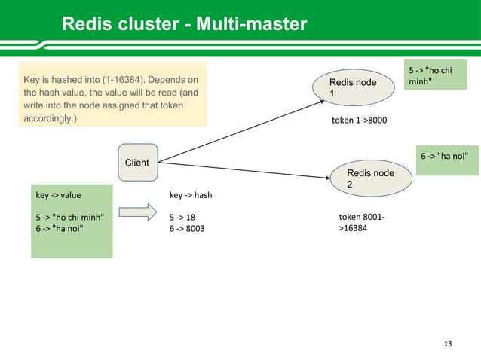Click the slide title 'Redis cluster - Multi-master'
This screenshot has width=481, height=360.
184,25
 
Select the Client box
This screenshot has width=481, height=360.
137,163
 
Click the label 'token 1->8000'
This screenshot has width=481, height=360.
359,120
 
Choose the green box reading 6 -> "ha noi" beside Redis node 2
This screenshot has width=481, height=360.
448,156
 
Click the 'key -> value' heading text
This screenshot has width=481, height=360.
59,195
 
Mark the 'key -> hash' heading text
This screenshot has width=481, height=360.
191,195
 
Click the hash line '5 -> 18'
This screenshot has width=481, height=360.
182,217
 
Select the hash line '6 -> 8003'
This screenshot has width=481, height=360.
187,227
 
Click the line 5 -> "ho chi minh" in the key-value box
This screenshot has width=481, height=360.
70,217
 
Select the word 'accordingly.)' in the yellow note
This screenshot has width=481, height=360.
50,119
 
